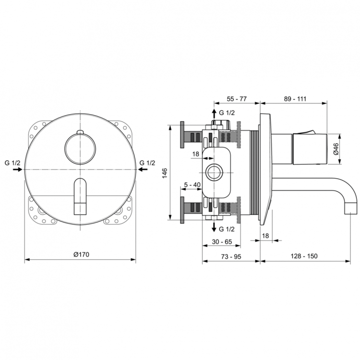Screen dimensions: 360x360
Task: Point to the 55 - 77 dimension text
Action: point(236,98)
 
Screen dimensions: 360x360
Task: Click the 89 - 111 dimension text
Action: point(295,98)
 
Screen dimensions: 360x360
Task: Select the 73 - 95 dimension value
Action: point(231,256)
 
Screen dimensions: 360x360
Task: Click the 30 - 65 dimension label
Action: point(222,242)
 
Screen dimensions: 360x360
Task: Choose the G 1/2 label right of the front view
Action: point(147,163)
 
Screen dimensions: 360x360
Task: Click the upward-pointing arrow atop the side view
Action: point(214,113)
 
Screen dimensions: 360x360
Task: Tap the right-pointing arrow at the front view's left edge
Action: point(17,170)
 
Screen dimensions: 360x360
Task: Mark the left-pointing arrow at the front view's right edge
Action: point(142,170)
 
